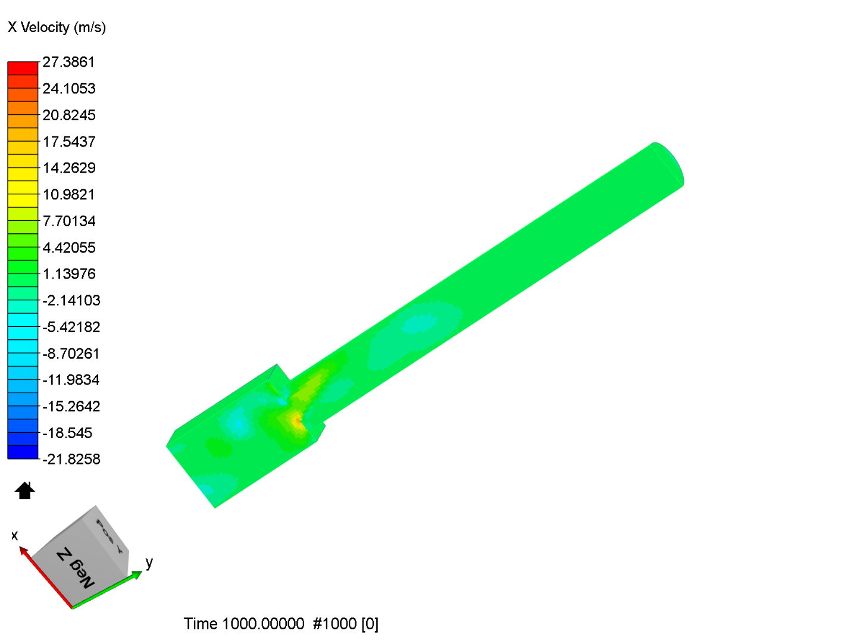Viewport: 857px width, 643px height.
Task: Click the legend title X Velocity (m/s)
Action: [57, 27]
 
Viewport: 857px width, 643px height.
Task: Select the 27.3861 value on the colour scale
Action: [68, 62]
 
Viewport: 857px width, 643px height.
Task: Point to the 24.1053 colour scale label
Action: [68, 89]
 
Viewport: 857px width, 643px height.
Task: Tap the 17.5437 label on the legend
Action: [68, 142]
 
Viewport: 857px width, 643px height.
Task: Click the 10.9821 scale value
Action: [68, 195]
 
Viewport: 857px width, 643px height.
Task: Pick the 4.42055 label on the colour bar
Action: [68, 248]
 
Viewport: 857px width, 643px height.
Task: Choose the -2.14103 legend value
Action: [71, 301]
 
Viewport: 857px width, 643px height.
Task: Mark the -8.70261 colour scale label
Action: [71, 354]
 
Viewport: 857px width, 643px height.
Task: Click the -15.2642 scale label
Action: [71, 407]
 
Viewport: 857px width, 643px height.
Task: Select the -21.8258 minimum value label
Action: [71, 459]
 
